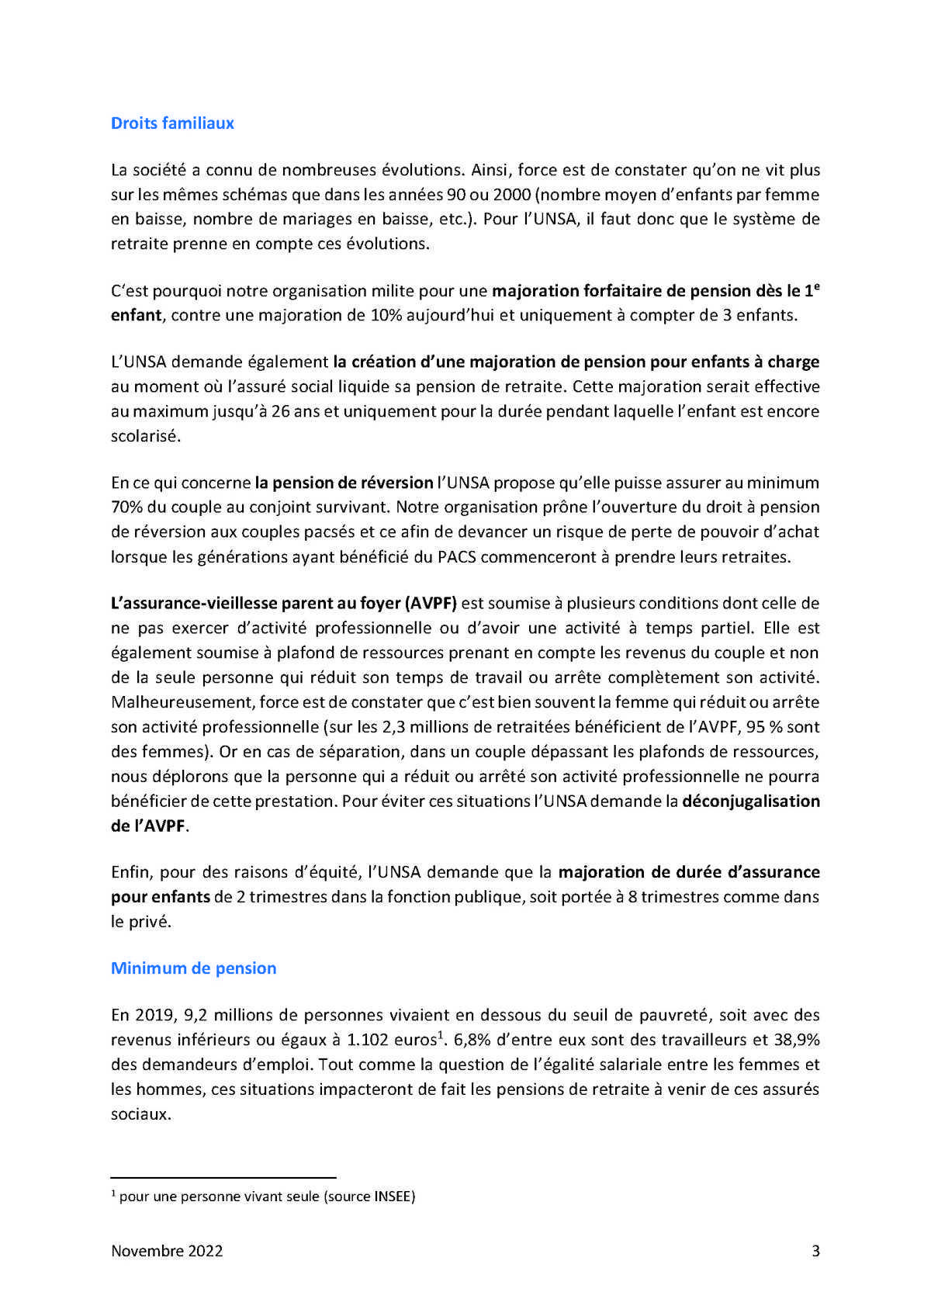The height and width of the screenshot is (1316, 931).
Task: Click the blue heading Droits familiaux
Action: click(172, 123)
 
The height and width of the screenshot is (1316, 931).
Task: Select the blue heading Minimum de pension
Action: click(193, 968)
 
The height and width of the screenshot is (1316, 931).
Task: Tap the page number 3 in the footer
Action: click(815, 1251)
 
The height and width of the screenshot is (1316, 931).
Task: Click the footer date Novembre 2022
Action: click(167, 1251)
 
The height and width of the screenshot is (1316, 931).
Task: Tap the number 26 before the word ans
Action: click(280, 411)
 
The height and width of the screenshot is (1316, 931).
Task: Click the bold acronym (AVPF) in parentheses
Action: click(431, 604)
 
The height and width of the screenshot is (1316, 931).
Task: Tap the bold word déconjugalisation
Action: click(750, 802)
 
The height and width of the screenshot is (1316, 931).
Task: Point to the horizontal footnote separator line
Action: click(223, 1176)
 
